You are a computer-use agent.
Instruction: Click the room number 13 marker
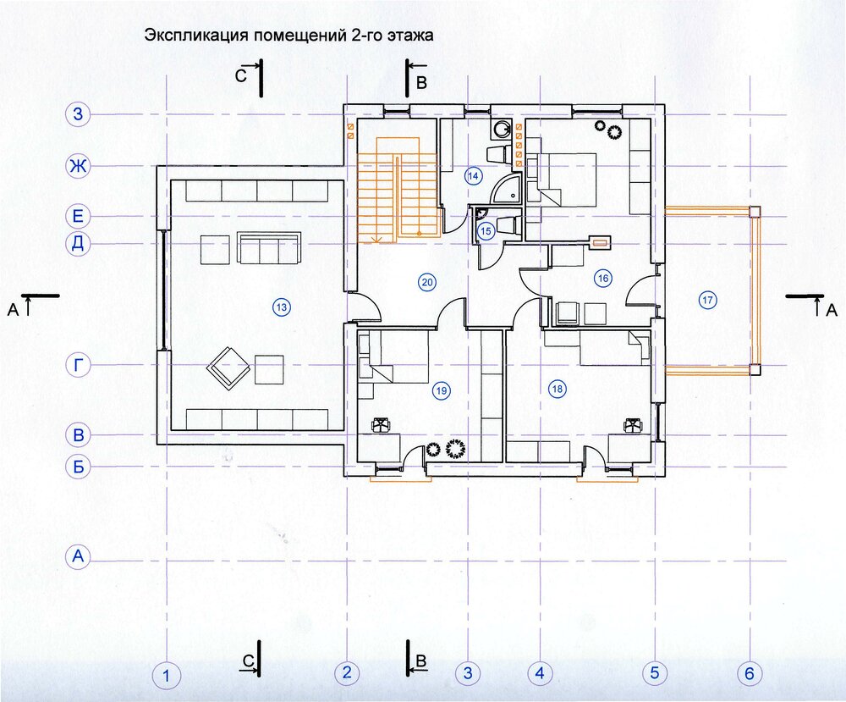click(281, 307)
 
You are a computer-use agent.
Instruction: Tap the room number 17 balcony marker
click(707, 300)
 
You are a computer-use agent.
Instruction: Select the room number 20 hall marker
click(426, 283)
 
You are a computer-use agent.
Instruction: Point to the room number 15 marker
click(486, 232)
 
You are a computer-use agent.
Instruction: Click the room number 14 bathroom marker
click(473, 176)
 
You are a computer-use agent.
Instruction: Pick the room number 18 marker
click(557, 389)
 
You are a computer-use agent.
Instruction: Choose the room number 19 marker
click(442, 390)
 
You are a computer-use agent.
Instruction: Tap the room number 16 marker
click(602, 279)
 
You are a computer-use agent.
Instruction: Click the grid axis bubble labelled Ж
click(78, 166)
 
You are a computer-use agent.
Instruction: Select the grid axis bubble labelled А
click(78, 556)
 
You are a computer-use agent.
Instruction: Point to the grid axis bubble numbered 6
click(750, 673)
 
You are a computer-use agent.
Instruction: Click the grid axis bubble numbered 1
click(166, 676)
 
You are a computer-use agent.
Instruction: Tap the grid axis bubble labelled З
click(78, 114)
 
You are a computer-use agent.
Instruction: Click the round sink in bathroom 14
click(503, 129)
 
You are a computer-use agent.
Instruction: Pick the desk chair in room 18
click(631, 426)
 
